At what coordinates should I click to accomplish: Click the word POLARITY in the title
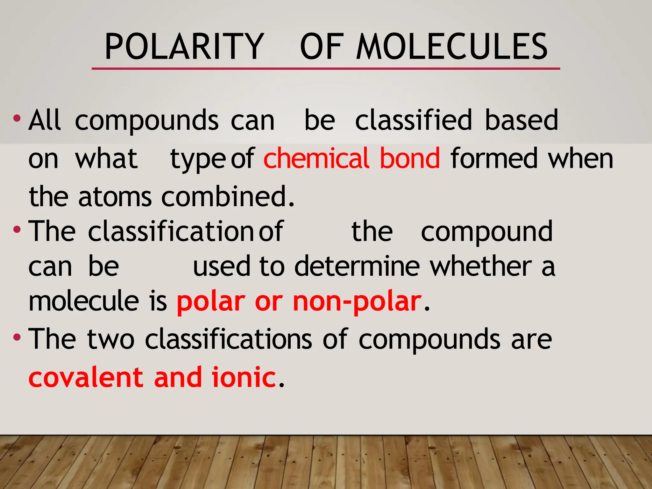184,47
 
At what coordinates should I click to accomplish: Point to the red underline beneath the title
325,68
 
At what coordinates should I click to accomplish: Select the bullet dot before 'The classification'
17,230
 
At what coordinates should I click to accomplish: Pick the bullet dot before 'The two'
17,337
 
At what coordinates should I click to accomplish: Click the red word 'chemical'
316,158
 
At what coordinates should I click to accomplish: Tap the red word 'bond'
410,158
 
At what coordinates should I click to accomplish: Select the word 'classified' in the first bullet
413,120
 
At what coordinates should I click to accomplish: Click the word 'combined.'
228,196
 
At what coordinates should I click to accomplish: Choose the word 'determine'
357,266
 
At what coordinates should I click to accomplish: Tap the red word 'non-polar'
357,301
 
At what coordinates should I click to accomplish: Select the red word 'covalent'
86,377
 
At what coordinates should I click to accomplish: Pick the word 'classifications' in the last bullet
228,339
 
